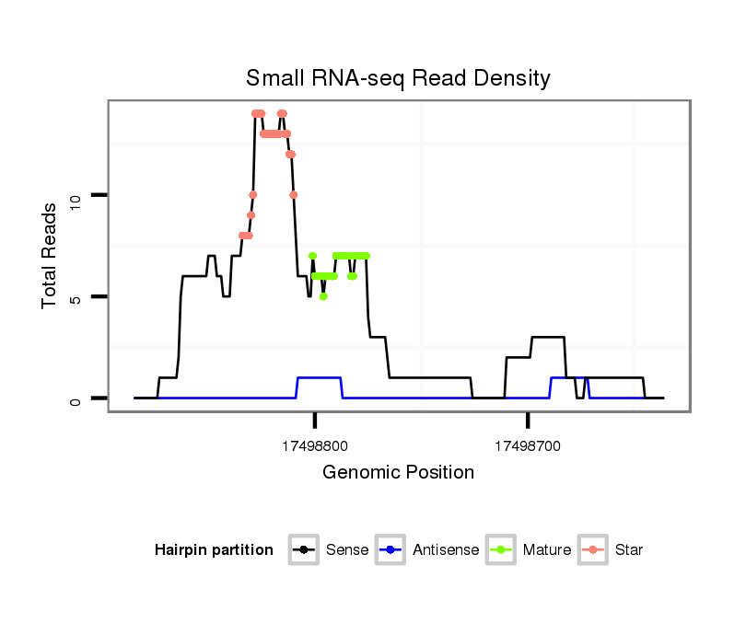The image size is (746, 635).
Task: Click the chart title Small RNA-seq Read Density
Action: point(398,78)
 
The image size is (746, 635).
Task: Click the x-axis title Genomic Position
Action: point(398,473)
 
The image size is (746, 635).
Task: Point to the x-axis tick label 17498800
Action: point(315,445)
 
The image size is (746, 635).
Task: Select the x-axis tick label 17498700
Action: point(528,445)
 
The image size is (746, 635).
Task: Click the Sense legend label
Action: point(347,550)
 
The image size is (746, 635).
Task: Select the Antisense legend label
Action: point(446,550)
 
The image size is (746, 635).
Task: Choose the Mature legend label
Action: point(547,550)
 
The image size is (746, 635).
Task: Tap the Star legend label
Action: point(630,550)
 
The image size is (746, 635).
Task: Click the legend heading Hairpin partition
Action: point(215,550)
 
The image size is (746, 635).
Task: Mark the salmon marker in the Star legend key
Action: point(594,550)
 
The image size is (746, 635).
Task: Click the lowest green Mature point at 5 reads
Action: point(323,296)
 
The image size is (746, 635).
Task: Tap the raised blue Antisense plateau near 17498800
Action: point(320,377)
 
